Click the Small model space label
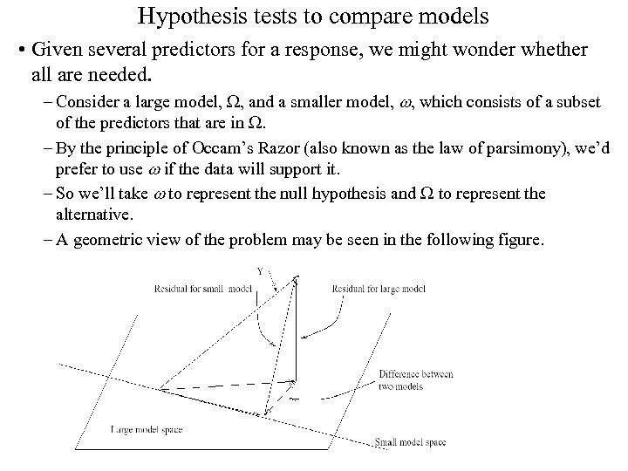410,443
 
